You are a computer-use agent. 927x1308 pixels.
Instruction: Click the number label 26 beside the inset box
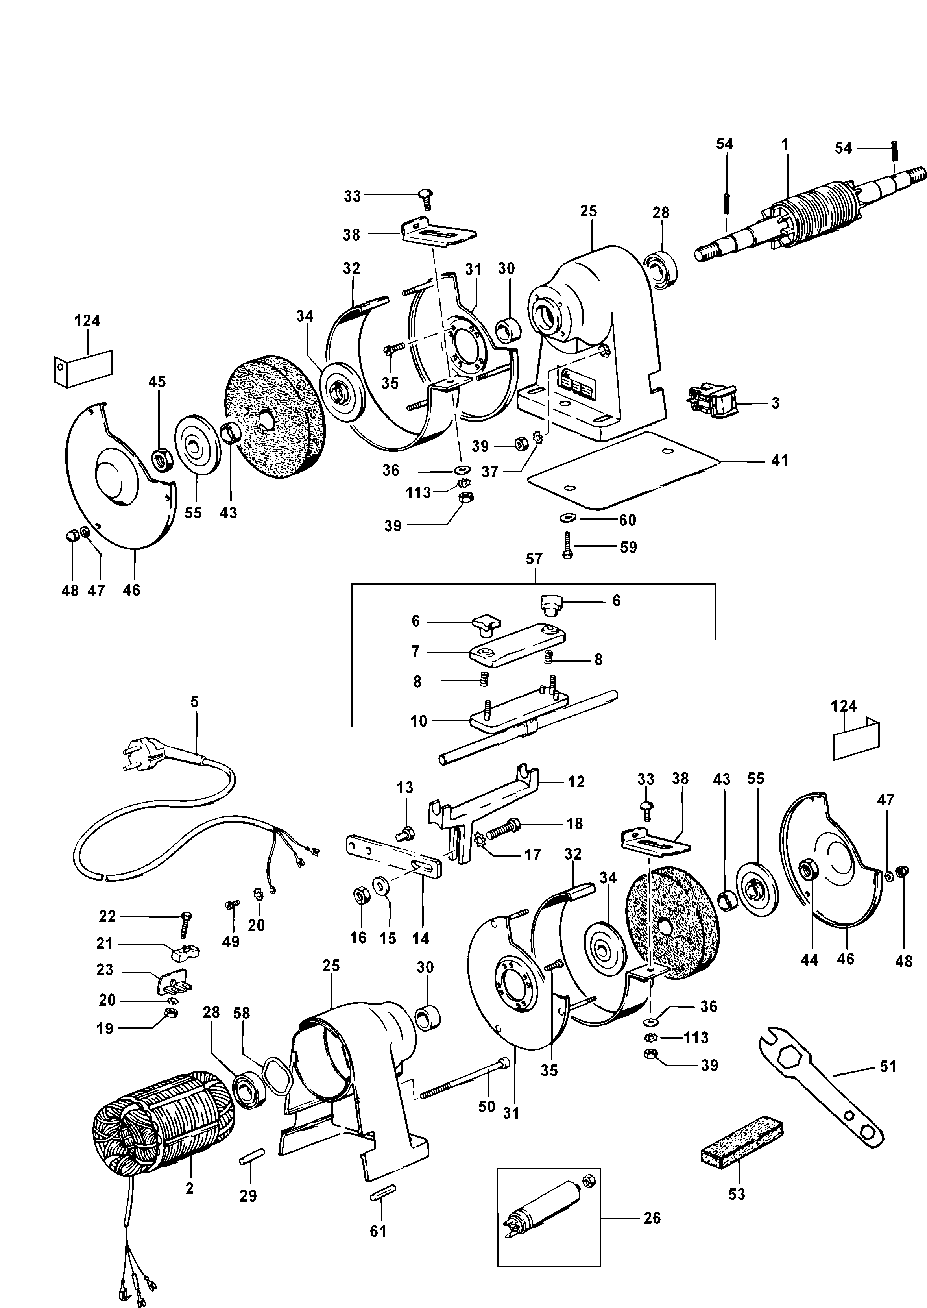tap(652, 1218)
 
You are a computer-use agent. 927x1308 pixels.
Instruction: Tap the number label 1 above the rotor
tap(785, 145)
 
